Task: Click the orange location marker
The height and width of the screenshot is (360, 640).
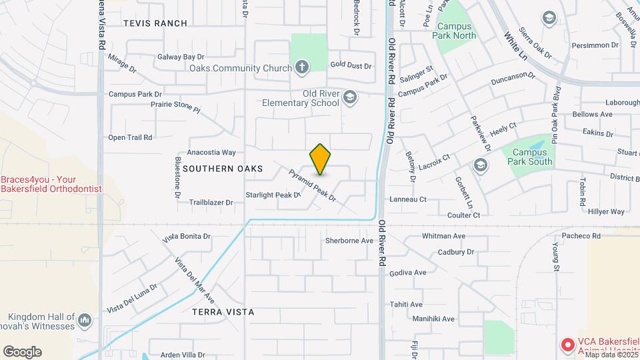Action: pyautogui.click(x=320, y=159)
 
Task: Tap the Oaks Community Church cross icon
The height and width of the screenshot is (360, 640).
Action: pyautogui.click(x=302, y=67)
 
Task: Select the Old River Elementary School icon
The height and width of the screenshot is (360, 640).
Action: pyautogui.click(x=349, y=99)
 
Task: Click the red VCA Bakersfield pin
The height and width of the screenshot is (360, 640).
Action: pyautogui.click(x=567, y=345)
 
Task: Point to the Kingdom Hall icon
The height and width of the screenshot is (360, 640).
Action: pyautogui.click(x=84, y=321)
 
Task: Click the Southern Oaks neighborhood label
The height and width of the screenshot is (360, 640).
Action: pyautogui.click(x=223, y=169)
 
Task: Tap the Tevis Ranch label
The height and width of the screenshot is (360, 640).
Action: pyautogui.click(x=155, y=23)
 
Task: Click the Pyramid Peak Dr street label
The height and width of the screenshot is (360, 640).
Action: pyautogui.click(x=311, y=185)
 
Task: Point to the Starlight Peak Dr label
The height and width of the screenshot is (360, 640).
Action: pyautogui.click(x=273, y=195)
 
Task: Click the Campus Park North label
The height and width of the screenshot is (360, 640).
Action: pyautogui.click(x=456, y=31)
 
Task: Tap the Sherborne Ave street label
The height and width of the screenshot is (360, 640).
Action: pyautogui.click(x=349, y=241)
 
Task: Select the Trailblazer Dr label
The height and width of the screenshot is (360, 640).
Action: pyautogui.click(x=211, y=202)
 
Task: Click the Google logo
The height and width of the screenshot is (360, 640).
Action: pyautogui.click(x=22, y=351)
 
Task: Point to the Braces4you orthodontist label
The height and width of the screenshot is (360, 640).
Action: pyautogui.click(x=51, y=184)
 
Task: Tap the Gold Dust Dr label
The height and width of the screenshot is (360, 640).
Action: pyautogui.click(x=351, y=65)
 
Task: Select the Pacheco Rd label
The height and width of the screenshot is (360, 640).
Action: pyautogui.click(x=581, y=236)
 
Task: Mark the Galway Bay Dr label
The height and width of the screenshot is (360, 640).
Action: pyautogui.click(x=180, y=57)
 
